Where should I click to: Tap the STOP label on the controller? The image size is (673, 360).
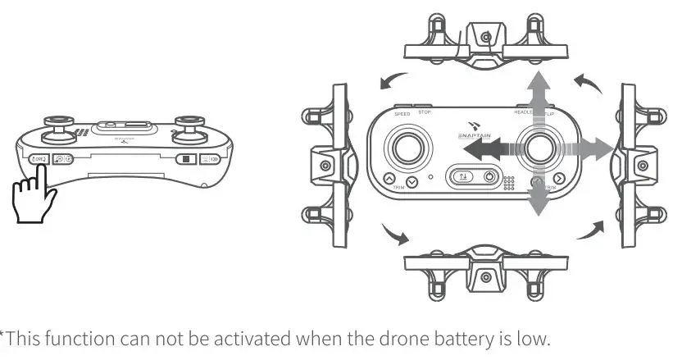tap(425, 112)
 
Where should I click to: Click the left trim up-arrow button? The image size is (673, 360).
tap(389, 178)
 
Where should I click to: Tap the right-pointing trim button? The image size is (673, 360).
tap(559, 180)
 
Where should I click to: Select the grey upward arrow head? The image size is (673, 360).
tap(538, 80)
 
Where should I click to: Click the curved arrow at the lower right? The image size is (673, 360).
tap(589, 230)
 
